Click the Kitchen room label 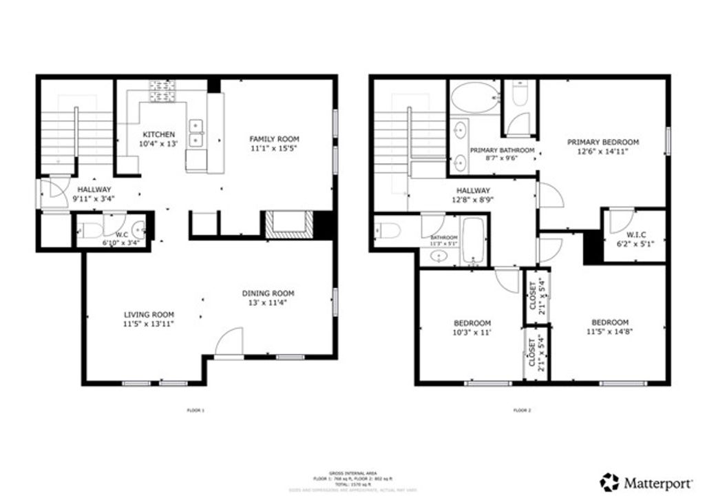coord(158,134)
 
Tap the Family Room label coord(274,139)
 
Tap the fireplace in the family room coord(287,225)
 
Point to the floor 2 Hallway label coord(472,191)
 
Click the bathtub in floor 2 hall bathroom coord(474,241)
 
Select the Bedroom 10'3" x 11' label coord(472,323)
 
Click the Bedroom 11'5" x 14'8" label coord(609,322)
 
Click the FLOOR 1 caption coord(196,411)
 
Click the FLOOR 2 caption coord(522,411)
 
